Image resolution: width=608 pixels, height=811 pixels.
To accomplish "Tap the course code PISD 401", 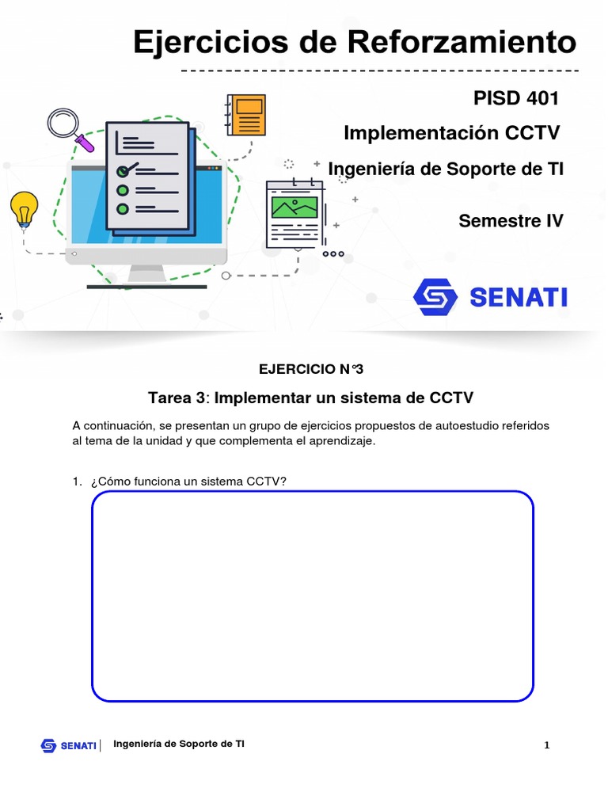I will pos(516,98).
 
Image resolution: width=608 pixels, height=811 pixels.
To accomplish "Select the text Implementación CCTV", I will pos(453,133).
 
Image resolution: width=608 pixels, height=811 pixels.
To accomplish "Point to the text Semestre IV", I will pos(511,221).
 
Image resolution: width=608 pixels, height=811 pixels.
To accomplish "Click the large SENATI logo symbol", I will pos(435,297).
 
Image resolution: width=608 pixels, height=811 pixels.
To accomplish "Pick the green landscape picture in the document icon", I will pos(294,208).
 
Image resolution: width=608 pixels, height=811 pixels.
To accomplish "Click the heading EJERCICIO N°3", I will pos(311,368).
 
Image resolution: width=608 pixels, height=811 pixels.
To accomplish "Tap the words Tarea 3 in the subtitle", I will pos(177,397).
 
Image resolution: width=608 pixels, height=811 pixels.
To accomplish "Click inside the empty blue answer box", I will pos(313,596).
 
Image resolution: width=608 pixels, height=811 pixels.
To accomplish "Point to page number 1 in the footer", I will pos(546,745).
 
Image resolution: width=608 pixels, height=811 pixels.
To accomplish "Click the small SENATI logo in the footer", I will pos(69,745).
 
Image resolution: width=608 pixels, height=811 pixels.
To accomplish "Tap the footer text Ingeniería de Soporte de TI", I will pos(179,744).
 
